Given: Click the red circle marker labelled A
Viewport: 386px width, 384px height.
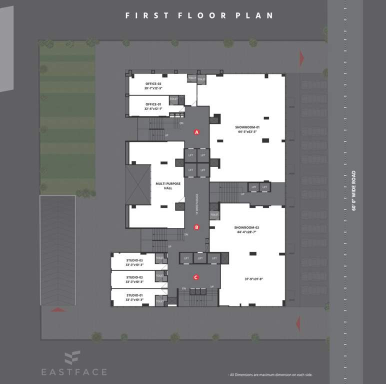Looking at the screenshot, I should (197, 132).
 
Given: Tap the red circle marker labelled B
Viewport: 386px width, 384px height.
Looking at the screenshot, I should (196, 227).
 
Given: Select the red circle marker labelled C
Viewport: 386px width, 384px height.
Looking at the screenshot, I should (196, 277).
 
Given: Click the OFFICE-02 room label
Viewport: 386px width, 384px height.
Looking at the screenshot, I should (153, 83).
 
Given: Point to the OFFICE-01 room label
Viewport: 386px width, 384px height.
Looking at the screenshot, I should (153, 104).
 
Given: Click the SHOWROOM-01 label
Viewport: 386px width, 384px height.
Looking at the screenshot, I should (247, 127).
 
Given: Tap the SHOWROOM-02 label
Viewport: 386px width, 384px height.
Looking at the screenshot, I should (246, 227).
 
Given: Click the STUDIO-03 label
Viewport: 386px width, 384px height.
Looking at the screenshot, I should (134, 260).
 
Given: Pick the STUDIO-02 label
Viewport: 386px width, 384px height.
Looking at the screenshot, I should (134, 277).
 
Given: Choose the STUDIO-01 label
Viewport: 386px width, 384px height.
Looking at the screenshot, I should (134, 295).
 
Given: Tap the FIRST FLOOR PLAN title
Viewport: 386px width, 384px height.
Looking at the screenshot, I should (199, 15).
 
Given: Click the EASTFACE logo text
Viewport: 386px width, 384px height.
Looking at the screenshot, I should (73, 371).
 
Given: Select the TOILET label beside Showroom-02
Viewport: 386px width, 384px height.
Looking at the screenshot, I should (214, 214).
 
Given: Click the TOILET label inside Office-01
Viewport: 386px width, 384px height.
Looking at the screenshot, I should (174, 99).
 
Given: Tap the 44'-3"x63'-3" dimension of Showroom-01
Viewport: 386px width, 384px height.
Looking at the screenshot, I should (247, 132).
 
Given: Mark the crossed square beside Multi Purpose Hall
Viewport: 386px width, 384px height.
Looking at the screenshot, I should (138, 184).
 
